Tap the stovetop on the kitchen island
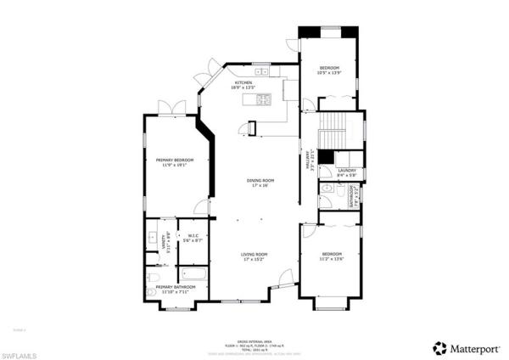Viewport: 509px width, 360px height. pyautogui.click(x=262, y=101)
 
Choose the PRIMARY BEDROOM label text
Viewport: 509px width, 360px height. pyautogui.click(x=174, y=161)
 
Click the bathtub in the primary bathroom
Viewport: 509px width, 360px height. pyautogui.click(x=191, y=277)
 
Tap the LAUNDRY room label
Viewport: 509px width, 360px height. pyautogui.click(x=347, y=173)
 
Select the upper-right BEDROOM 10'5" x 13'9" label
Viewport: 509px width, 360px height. pyautogui.click(x=329, y=70)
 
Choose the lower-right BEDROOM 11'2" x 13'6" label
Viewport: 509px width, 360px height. pyautogui.click(x=331, y=257)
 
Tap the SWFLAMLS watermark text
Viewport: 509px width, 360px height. pyautogui.click(x=23, y=350)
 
